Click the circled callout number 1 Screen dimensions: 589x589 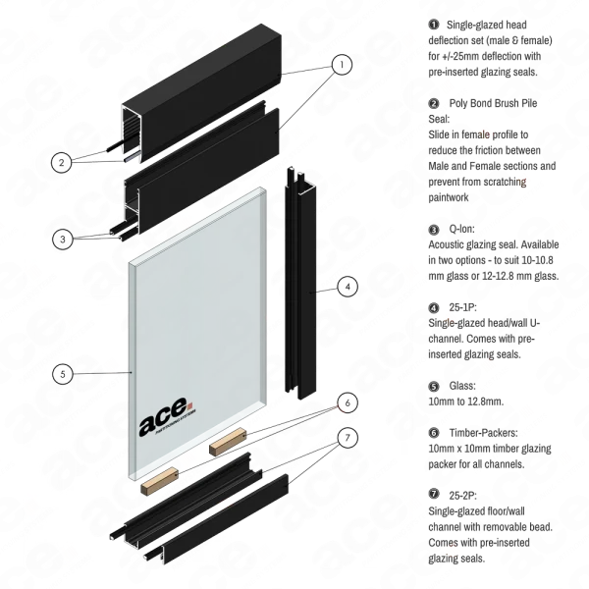(x=342, y=64)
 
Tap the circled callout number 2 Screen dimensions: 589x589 (x=61, y=163)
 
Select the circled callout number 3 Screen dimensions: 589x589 (x=63, y=239)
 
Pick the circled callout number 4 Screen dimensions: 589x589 (x=348, y=287)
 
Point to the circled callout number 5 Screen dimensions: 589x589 (x=63, y=374)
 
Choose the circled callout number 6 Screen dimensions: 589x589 (x=348, y=402)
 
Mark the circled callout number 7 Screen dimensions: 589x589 (x=348, y=437)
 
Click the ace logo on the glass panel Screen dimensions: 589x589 (x=166, y=417)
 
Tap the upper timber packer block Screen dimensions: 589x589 (x=228, y=442)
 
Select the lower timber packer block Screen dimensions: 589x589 (x=159, y=481)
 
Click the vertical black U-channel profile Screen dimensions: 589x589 (x=300, y=283)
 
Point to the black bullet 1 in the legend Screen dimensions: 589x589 (x=434, y=25)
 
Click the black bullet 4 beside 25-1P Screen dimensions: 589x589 (x=434, y=307)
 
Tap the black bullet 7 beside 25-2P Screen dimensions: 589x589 (x=434, y=494)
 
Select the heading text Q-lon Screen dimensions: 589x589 (x=461, y=229)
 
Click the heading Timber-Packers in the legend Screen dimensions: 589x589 (x=483, y=433)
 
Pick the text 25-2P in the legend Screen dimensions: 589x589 (x=462, y=496)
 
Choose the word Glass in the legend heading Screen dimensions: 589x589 (x=462, y=386)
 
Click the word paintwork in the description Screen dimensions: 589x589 (x=449, y=197)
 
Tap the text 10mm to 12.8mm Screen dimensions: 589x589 (x=465, y=402)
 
